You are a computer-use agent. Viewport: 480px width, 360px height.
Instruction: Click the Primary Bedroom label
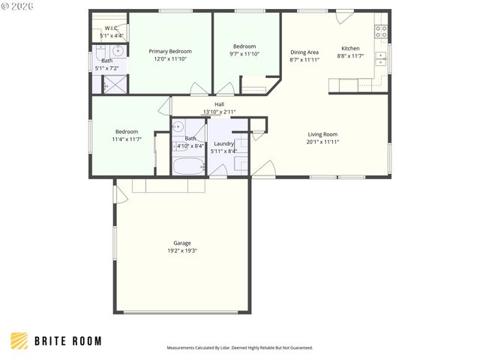click(169, 51)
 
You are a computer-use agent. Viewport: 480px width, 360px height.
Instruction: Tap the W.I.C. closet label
click(112, 28)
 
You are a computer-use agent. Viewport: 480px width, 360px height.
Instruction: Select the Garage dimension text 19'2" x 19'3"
click(181, 250)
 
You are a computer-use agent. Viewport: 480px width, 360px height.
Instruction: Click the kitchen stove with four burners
click(381, 31)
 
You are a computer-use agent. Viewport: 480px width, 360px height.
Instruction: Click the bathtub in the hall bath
click(188, 166)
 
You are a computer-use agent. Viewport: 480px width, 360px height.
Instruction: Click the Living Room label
click(322, 134)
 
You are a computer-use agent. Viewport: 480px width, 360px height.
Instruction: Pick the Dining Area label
click(304, 52)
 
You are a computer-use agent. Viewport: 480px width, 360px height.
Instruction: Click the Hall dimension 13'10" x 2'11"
click(219, 112)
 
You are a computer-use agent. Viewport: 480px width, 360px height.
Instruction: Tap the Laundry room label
click(223, 143)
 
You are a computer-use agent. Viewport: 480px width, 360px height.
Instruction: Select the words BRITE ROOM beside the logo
click(67, 341)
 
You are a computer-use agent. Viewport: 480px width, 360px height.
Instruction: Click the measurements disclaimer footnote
click(239, 348)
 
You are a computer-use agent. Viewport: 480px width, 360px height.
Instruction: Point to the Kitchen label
click(350, 48)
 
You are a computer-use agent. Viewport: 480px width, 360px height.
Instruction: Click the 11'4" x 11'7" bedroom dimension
click(127, 139)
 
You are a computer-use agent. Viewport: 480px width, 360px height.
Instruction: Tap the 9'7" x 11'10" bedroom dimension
click(244, 54)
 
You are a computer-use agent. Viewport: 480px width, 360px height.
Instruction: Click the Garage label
click(181, 242)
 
